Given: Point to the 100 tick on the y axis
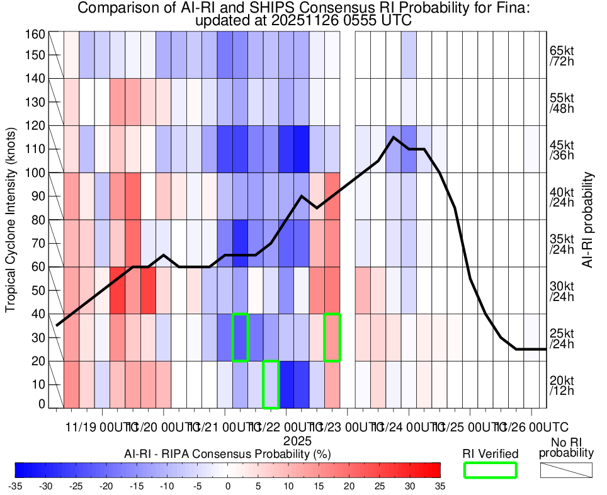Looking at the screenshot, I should [x=36, y=173].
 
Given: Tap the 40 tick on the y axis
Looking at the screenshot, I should [x=38, y=314].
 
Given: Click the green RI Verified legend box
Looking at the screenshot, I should [x=490, y=470].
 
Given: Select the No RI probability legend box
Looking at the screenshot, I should [x=566, y=470].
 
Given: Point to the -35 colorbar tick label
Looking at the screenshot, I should [x=16, y=486].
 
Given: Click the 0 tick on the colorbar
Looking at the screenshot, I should [x=227, y=486].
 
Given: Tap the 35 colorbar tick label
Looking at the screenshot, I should [x=440, y=486].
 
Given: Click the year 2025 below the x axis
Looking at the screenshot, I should [x=297, y=441].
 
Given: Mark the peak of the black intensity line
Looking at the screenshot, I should [x=394, y=137].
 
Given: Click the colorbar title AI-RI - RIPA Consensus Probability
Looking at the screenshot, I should [x=227, y=453].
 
